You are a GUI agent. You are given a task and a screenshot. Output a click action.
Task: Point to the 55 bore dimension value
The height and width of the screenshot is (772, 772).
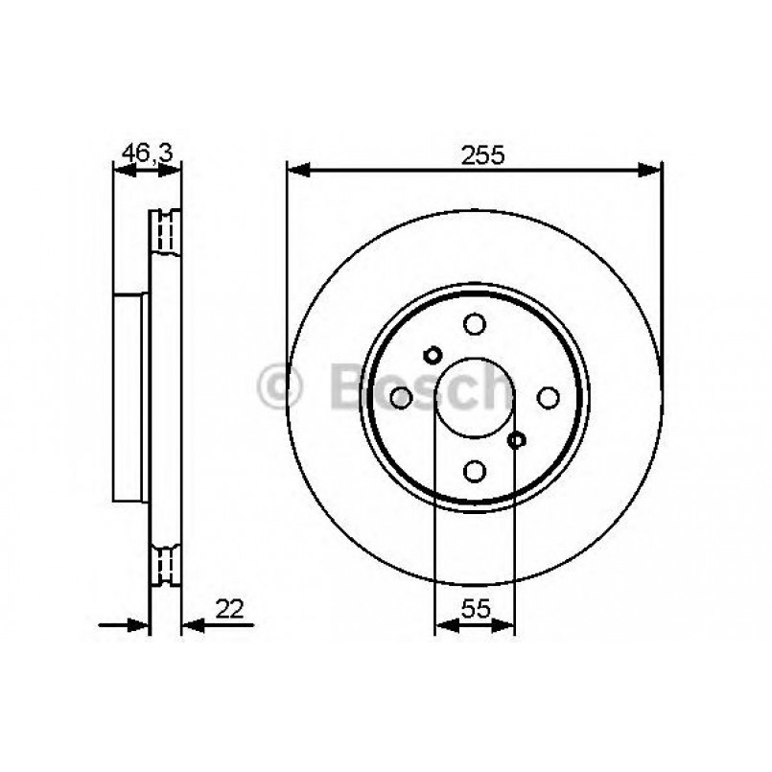coord(476,608)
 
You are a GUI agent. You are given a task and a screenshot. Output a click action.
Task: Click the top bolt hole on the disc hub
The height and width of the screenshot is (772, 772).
coord(474,324)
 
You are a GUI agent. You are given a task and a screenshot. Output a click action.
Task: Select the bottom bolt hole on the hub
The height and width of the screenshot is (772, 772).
coord(474,470)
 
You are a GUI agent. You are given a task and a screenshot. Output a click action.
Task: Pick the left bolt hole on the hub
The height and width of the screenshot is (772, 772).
coord(402,397)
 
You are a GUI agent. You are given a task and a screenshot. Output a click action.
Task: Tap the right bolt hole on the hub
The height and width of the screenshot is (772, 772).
coord(548,397)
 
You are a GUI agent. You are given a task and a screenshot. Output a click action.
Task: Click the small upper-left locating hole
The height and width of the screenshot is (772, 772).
coord(432,355)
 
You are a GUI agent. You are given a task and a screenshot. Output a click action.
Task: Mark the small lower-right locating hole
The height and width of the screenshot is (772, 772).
coord(517,440)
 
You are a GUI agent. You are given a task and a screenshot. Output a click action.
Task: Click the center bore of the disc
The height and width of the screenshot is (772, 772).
coord(474,397)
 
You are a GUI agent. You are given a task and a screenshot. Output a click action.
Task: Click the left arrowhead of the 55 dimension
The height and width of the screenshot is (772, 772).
coord(443,626)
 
